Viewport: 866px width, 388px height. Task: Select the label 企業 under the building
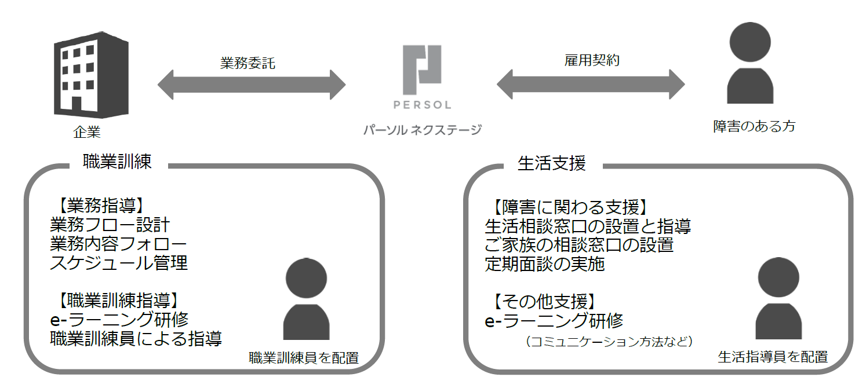click(x=87, y=133)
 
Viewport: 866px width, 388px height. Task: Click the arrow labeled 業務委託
click(x=252, y=85)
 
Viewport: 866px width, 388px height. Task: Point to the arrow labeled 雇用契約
click(x=591, y=85)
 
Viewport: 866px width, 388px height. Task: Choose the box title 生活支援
click(x=551, y=163)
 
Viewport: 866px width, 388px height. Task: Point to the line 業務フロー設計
click(x=110, y=225)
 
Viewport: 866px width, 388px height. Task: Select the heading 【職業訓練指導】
click(x=118, y=301)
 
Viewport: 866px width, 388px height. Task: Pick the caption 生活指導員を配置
click(x=773, y=357)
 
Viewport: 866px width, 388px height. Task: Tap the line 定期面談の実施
click(x=544, y=264)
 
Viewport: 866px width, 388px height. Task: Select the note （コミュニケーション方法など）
click(x=609, y=341)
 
